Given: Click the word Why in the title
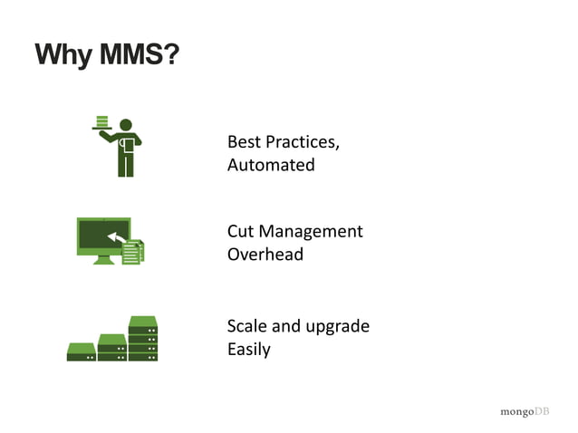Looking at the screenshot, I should click(x=60, y=56).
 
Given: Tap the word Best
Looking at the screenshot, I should click(x=243, y=142).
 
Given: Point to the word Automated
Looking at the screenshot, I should click(x=271, y=165).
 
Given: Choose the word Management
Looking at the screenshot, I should click(x=312, y=231).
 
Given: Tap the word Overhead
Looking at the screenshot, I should click(x=265, y=254).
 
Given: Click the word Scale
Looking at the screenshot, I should click(x=247, y=325).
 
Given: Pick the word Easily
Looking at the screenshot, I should click(x=248, y=349).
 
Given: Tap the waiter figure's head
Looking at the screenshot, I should click(x=126, y=125).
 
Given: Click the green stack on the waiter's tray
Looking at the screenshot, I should click(x=102, y=121).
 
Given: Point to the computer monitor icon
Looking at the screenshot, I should click(x=102, y=238).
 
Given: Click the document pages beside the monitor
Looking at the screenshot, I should click(x=133, y=252).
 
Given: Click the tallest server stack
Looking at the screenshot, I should click(x=143, y=339).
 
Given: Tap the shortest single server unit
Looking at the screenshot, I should click(x=81, y=352).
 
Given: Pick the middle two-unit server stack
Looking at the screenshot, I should click(x=112, y=348).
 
